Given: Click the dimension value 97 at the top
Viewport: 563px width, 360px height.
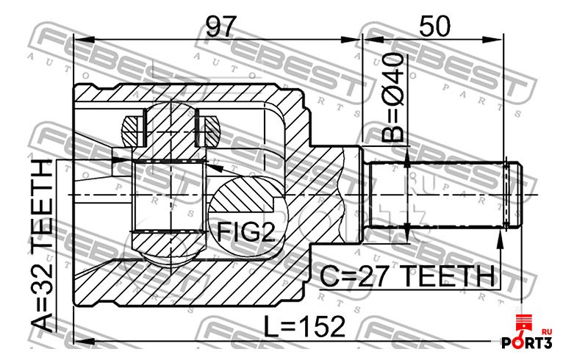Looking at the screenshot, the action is [x=221, y=26].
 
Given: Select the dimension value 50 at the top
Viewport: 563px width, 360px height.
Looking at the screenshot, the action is [x=434, y=26].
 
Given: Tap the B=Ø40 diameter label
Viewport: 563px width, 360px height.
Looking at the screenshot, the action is [x=392, y=98].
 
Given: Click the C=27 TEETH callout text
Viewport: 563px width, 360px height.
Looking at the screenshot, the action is [x=407, y=276].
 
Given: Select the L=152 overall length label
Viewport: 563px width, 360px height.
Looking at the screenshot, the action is [x=304, y=327].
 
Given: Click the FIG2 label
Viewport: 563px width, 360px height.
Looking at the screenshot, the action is [x=246, y=232].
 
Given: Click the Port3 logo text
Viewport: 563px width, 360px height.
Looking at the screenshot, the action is [x=526, y=343].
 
